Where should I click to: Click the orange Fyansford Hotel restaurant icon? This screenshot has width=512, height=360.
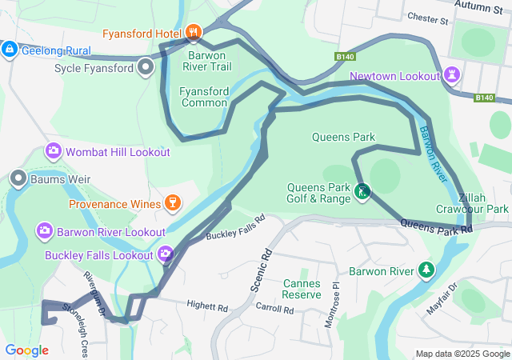(193, 33)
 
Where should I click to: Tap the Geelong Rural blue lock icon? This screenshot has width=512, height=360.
(9, 50)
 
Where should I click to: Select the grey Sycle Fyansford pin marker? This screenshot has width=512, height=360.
(145, 67)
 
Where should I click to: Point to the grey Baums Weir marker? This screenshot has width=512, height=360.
(18, 178)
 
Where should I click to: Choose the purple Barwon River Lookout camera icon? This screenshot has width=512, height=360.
(45, 231)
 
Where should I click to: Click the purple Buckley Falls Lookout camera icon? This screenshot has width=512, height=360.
(166, 254)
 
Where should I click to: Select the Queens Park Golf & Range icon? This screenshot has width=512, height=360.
(362, 192)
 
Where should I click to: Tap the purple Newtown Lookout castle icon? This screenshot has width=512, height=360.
(454, 74)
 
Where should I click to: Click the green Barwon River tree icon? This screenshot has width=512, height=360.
(426, 270)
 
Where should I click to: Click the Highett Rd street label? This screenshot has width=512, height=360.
(207, 306)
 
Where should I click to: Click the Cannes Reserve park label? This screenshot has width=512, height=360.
(302, 289)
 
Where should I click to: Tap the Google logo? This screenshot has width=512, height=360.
(26, 350)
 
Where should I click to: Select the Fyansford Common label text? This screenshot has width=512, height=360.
(204, 97)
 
